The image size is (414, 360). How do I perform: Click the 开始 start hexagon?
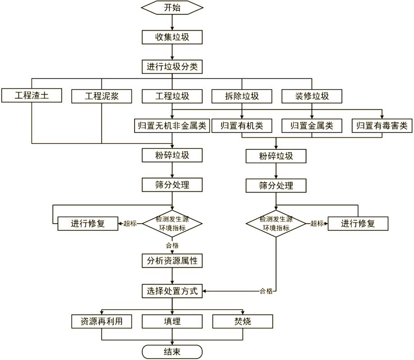coord(172,8)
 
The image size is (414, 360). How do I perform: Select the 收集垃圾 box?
coord(172,37)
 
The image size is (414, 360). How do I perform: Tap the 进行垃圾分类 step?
coord(172,67)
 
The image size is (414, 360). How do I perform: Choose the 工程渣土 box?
coord(32,96)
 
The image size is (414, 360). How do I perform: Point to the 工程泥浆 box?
coord(102,96)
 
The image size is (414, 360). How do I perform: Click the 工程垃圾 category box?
coord(172,96)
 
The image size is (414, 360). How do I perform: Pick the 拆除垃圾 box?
coord(242,96)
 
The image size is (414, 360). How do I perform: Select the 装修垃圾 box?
coord(312,96)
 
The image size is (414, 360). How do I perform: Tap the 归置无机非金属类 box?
coord(172,126)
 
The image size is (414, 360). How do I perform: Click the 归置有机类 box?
coord(242,126)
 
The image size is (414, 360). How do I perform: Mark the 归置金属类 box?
coord(312,126)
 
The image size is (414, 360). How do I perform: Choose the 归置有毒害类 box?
coord(382,126)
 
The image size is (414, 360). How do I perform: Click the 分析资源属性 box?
coord(172,261)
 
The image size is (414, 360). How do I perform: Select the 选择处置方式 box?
coord(172,291)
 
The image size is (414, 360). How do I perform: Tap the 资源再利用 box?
coord(102,321)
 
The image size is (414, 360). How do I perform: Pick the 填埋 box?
coord(172,321)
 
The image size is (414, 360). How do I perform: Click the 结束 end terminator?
coord(172,351)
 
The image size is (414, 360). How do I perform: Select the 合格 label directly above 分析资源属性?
coord(172,246)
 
